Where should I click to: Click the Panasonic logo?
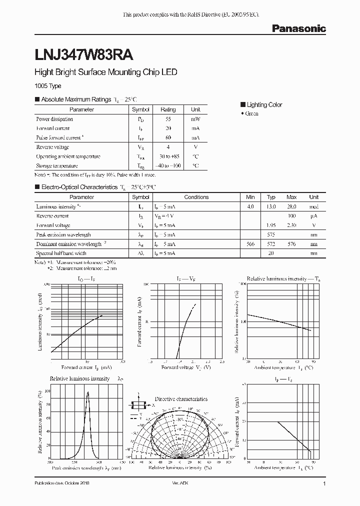pos(298,29)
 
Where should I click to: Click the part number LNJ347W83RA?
pos(83,52)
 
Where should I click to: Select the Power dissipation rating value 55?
pos(168,119)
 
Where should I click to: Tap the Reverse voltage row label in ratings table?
pos(52,147)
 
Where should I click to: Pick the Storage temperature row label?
pos(56,166)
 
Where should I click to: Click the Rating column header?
pos(168,109)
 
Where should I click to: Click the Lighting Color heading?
pos(264,105)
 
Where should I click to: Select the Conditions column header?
pos(196,197)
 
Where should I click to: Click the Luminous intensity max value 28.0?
pos(291,206)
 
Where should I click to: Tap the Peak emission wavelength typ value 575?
pos(271,234)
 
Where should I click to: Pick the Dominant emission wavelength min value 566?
pos(250,244)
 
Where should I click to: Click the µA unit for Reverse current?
pos(313,216)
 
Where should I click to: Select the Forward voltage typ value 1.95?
pos(271,225)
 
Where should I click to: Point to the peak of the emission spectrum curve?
pos(88,392)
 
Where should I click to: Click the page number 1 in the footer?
pos(324,484)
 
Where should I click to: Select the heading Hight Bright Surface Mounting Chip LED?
pos(105,72)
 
